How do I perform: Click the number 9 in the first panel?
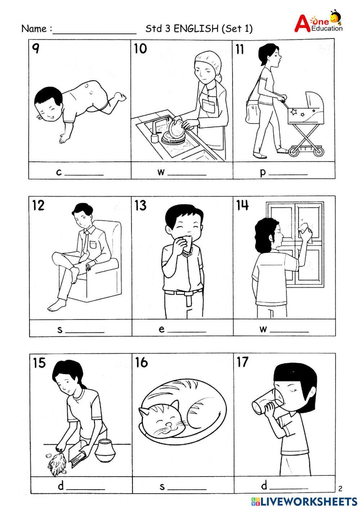click(x=35, y=48)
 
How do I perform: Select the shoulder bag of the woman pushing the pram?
click(x=252, y=111)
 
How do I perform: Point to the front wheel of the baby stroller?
click(x=294, y=152)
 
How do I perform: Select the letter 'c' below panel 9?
click(x=59, y=172)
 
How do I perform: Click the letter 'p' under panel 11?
click(x=263, y=173)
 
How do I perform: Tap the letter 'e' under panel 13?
click(x=162, y=329)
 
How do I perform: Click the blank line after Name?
click(x=94, y=31)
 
